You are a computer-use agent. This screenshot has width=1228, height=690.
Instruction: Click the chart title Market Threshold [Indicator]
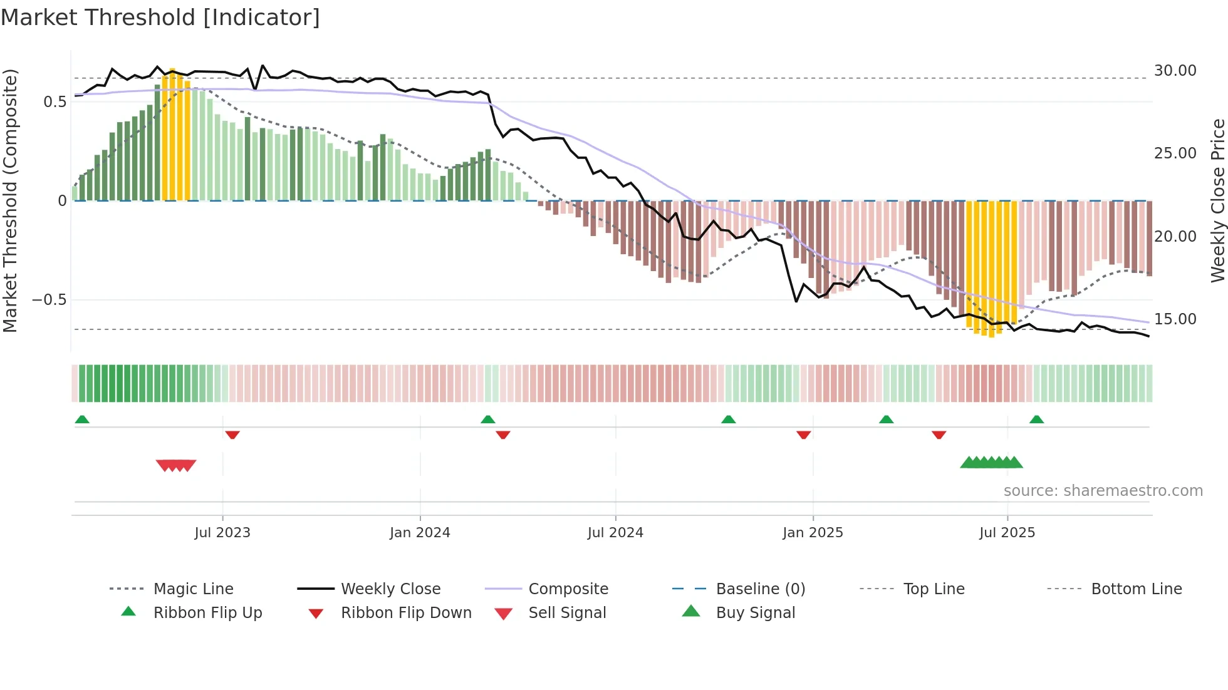pos(160,18)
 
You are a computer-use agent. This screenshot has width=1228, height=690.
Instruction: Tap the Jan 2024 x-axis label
pos(420,533)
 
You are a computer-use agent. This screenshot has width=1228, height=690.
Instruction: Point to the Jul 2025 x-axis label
pos(1007,533)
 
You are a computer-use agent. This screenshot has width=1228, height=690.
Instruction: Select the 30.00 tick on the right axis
pos(1175,71)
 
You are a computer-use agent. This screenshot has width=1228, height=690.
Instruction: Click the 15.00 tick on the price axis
pos(1175,319)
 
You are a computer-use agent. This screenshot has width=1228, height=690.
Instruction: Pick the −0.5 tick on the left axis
pos(49,300)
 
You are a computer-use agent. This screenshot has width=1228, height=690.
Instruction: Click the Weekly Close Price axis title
pos(1217,200)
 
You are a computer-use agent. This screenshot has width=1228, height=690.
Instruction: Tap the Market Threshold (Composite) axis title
pos(10,200)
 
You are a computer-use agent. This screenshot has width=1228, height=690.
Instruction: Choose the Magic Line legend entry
pos(193,589)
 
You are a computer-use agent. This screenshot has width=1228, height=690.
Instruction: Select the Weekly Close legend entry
pos(390,589)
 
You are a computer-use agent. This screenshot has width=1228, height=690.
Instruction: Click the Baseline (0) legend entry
pos(760,589)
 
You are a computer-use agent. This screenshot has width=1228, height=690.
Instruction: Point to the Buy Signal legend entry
pos(755,613)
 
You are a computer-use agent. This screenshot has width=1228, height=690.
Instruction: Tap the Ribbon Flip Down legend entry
pos(406,613)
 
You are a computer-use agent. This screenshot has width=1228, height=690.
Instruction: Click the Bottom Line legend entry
pos(1136,589)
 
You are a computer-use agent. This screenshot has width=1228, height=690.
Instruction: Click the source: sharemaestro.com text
pos(1103,491)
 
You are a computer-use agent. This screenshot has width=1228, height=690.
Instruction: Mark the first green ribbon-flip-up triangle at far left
pos(82,420)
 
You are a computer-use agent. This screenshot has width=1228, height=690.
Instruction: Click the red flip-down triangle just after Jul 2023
pos(232,435)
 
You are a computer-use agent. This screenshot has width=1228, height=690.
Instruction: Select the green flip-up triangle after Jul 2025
pos(1036,420)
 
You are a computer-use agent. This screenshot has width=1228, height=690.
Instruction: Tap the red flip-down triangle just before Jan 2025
pos(804,435)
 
